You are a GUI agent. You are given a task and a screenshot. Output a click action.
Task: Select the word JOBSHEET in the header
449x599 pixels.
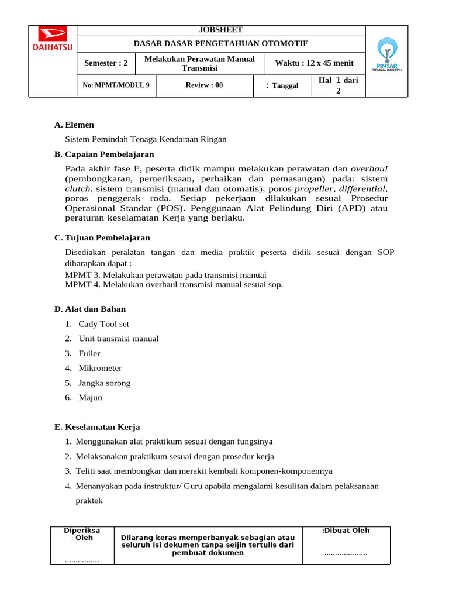coord(221,30)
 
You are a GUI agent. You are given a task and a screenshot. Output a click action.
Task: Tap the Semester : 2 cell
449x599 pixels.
coord(106,63)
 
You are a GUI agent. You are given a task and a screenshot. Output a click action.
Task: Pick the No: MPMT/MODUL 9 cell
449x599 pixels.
coord(116,85)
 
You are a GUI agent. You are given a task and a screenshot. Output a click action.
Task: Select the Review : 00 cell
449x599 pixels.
coord(204,85)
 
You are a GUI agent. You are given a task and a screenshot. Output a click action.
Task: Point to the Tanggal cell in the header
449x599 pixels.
coord(284,86)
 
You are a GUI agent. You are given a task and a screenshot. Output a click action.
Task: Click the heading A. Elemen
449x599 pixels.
coord(74,125)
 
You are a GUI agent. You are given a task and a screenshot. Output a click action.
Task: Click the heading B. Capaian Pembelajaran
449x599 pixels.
coord(104,154)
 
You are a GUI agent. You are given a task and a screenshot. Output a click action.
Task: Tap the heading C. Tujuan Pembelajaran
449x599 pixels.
coord(102,238)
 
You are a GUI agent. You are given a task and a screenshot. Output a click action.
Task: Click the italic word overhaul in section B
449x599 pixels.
coord(368,169)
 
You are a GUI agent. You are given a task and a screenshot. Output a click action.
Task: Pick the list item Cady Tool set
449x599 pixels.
coord(103,324)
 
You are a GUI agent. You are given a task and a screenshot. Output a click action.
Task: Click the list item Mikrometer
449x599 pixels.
coord(100,369)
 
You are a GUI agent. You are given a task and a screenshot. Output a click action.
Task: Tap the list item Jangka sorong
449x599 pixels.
coord(104,383)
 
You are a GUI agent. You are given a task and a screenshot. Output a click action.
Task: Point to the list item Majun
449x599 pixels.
coord(90,398)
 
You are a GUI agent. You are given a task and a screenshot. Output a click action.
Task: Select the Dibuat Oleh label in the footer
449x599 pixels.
coord(347,531)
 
